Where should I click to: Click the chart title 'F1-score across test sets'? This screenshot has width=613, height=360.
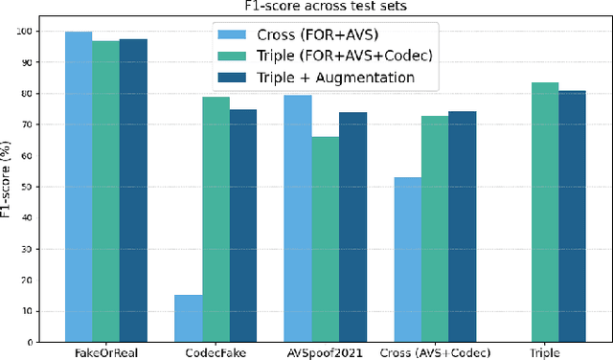click(x=326, y=8)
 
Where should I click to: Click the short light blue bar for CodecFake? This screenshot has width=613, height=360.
click(x=188, y=319)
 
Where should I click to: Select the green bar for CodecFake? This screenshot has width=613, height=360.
click(x=216, y=219)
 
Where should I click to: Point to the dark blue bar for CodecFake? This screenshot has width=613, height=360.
click(x=243, y=226)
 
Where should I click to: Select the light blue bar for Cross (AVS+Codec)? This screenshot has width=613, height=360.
click(x=408, y=259)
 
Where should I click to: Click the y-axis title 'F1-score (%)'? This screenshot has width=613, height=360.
click(x=11, y=186)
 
